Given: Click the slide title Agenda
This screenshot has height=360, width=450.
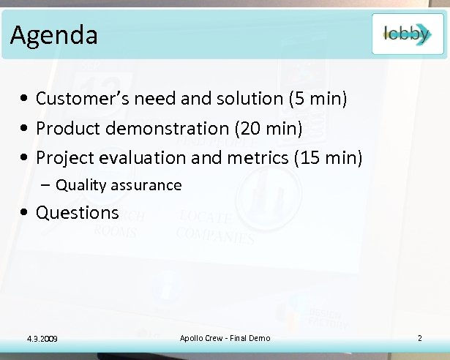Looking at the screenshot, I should click(x=54, y=34).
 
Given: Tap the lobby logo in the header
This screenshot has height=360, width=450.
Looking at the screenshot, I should click(x=407, y=34).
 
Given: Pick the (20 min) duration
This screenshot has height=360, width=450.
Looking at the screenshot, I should click(x=268, y=128).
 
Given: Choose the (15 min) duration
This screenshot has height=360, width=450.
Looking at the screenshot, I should click(x=328, y=157).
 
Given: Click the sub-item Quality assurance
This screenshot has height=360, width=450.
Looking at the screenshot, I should click(x=119, y=185).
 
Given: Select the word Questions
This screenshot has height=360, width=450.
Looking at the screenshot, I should click(x=77, y=213).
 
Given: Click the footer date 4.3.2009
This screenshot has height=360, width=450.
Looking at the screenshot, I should click(x=42, y=338).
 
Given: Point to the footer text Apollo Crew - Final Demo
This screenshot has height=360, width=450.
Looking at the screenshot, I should click(x=225, y=337).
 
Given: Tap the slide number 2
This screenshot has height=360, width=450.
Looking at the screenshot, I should click(x=420, y=337).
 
